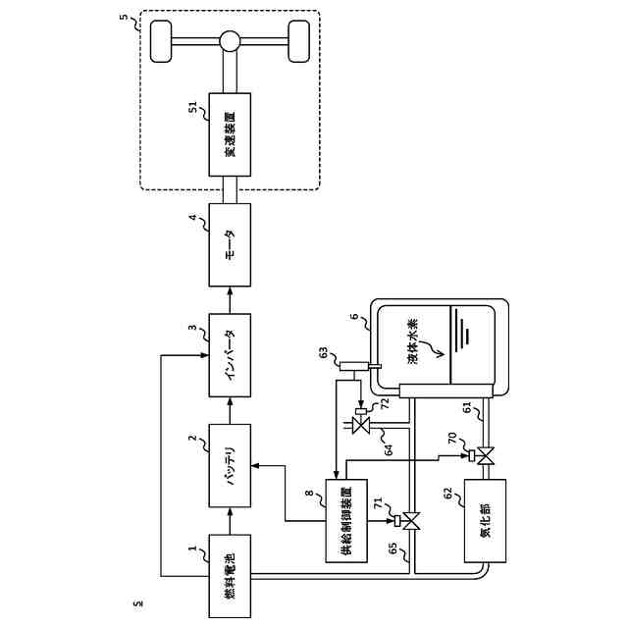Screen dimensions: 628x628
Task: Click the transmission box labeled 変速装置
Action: (x=230, y=133)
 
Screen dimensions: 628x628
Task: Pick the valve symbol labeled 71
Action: (x=411, y=521)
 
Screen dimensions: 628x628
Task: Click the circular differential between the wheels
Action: (x=230, y=42)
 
